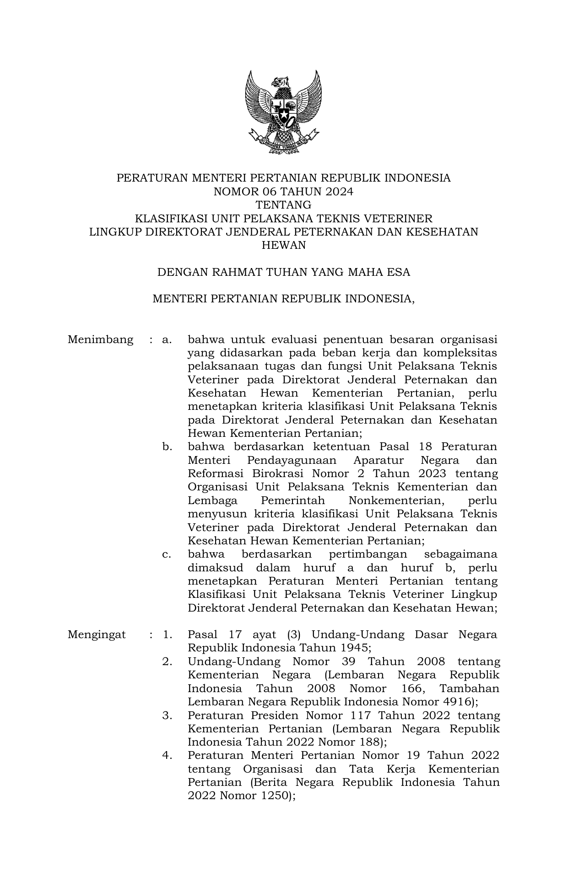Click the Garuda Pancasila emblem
click(283, 112)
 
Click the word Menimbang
click(100, 340)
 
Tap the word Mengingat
click(97, 635)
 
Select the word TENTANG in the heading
click(283, 205)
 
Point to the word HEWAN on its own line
click(283, 245)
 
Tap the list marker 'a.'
click(167, 340)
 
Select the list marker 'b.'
click(167, 447)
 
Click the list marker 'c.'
click(167, 554)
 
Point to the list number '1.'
click(167, 635)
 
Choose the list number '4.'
click(167, 756)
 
